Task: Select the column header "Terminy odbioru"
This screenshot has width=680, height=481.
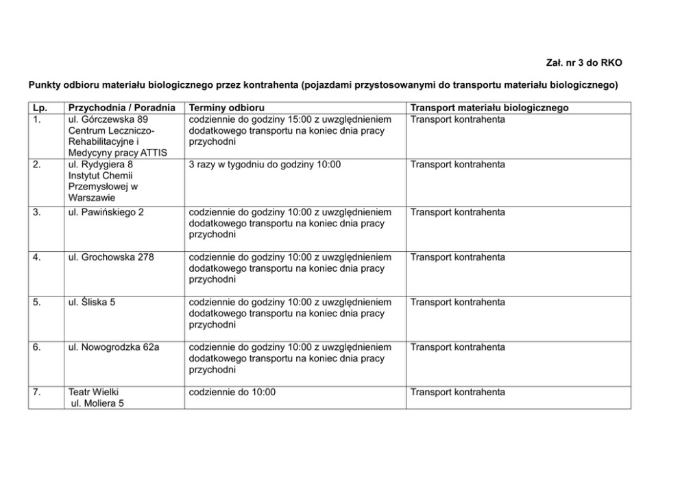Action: click(x=226, y=108)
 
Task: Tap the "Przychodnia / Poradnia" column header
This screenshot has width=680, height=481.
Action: click(x=122, y=108)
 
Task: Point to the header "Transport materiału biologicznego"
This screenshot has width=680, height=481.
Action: click(x=489, y=108)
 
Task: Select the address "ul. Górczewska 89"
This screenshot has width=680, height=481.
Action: click(x=108, y=119)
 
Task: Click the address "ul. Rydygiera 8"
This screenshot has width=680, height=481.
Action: click(x=101, y=165)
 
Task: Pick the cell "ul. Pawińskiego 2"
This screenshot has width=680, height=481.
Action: click(x=106, y=212)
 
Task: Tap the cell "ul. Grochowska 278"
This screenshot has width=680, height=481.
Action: click(x=111, y=257)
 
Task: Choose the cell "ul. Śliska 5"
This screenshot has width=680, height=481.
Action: click(x=92, y=302)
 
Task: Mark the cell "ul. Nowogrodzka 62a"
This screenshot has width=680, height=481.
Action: click(x=114, y=347)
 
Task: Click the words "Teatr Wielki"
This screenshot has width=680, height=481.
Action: click(x=94, y=392)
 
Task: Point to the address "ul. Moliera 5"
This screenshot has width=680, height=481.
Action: click(x=97, y=403)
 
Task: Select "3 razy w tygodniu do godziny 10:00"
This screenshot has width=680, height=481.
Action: click(x=265, y=165)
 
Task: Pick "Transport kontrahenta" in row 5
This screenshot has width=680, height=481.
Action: click(x=457, y=302)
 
